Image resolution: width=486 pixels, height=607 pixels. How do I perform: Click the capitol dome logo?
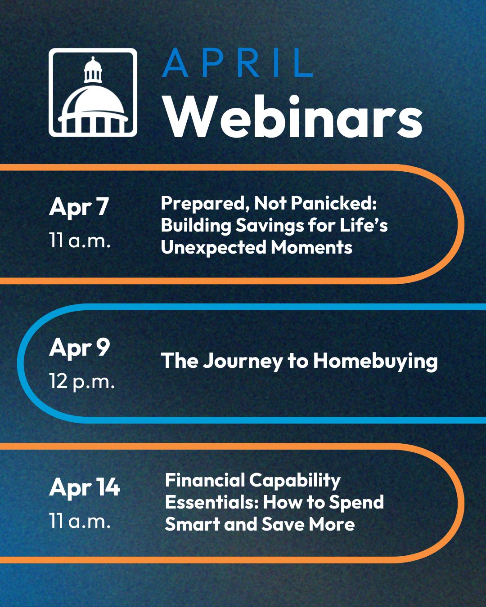point(93,93)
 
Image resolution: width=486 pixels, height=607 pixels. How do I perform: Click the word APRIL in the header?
point(238,62)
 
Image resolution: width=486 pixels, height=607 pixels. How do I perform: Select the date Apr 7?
point(79,207)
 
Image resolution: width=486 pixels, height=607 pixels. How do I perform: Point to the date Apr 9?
point(79,348)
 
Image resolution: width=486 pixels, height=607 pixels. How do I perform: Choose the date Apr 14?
point(85,487)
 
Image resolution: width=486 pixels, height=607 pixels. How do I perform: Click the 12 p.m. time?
point(82,381)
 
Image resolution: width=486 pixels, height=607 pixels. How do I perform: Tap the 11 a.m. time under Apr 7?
point(80,240)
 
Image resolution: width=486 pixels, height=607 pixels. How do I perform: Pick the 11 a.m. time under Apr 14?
point(80,521)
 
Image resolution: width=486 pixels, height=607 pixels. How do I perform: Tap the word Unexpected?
point(214,247)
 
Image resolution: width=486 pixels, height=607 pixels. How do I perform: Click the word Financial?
point(205,480)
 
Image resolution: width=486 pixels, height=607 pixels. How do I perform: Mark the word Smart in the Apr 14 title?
point(193,524)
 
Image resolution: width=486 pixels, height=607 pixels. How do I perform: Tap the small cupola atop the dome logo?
point(93,70)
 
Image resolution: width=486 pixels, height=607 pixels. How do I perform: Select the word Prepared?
point(205,204)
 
